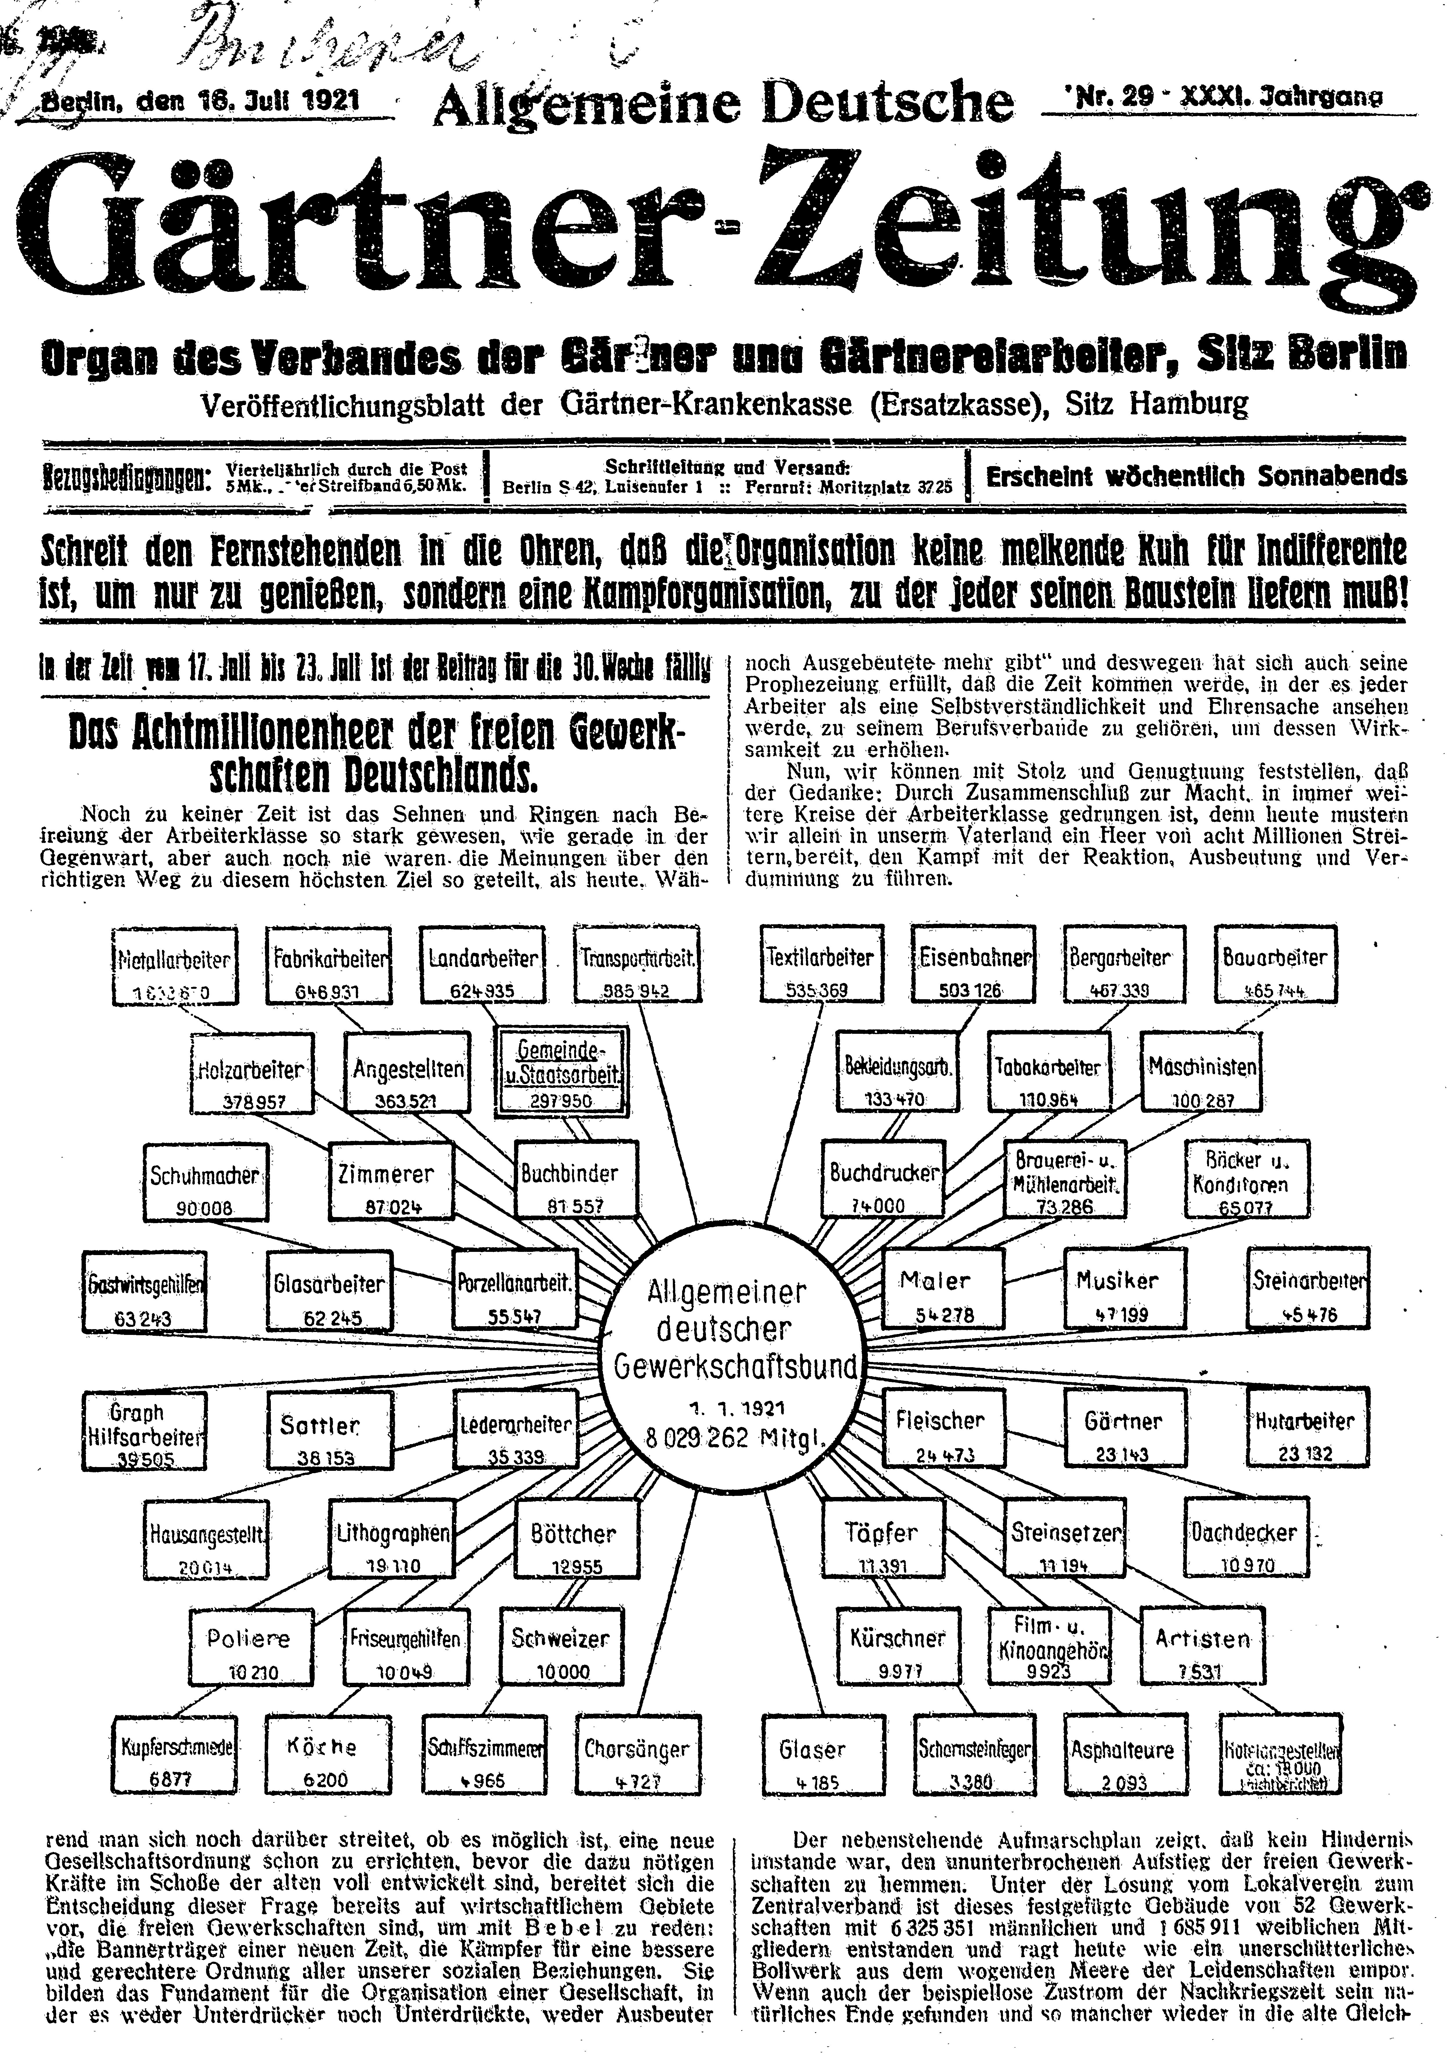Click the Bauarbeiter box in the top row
tap(1275, 965)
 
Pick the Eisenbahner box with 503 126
tap(972, 965)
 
